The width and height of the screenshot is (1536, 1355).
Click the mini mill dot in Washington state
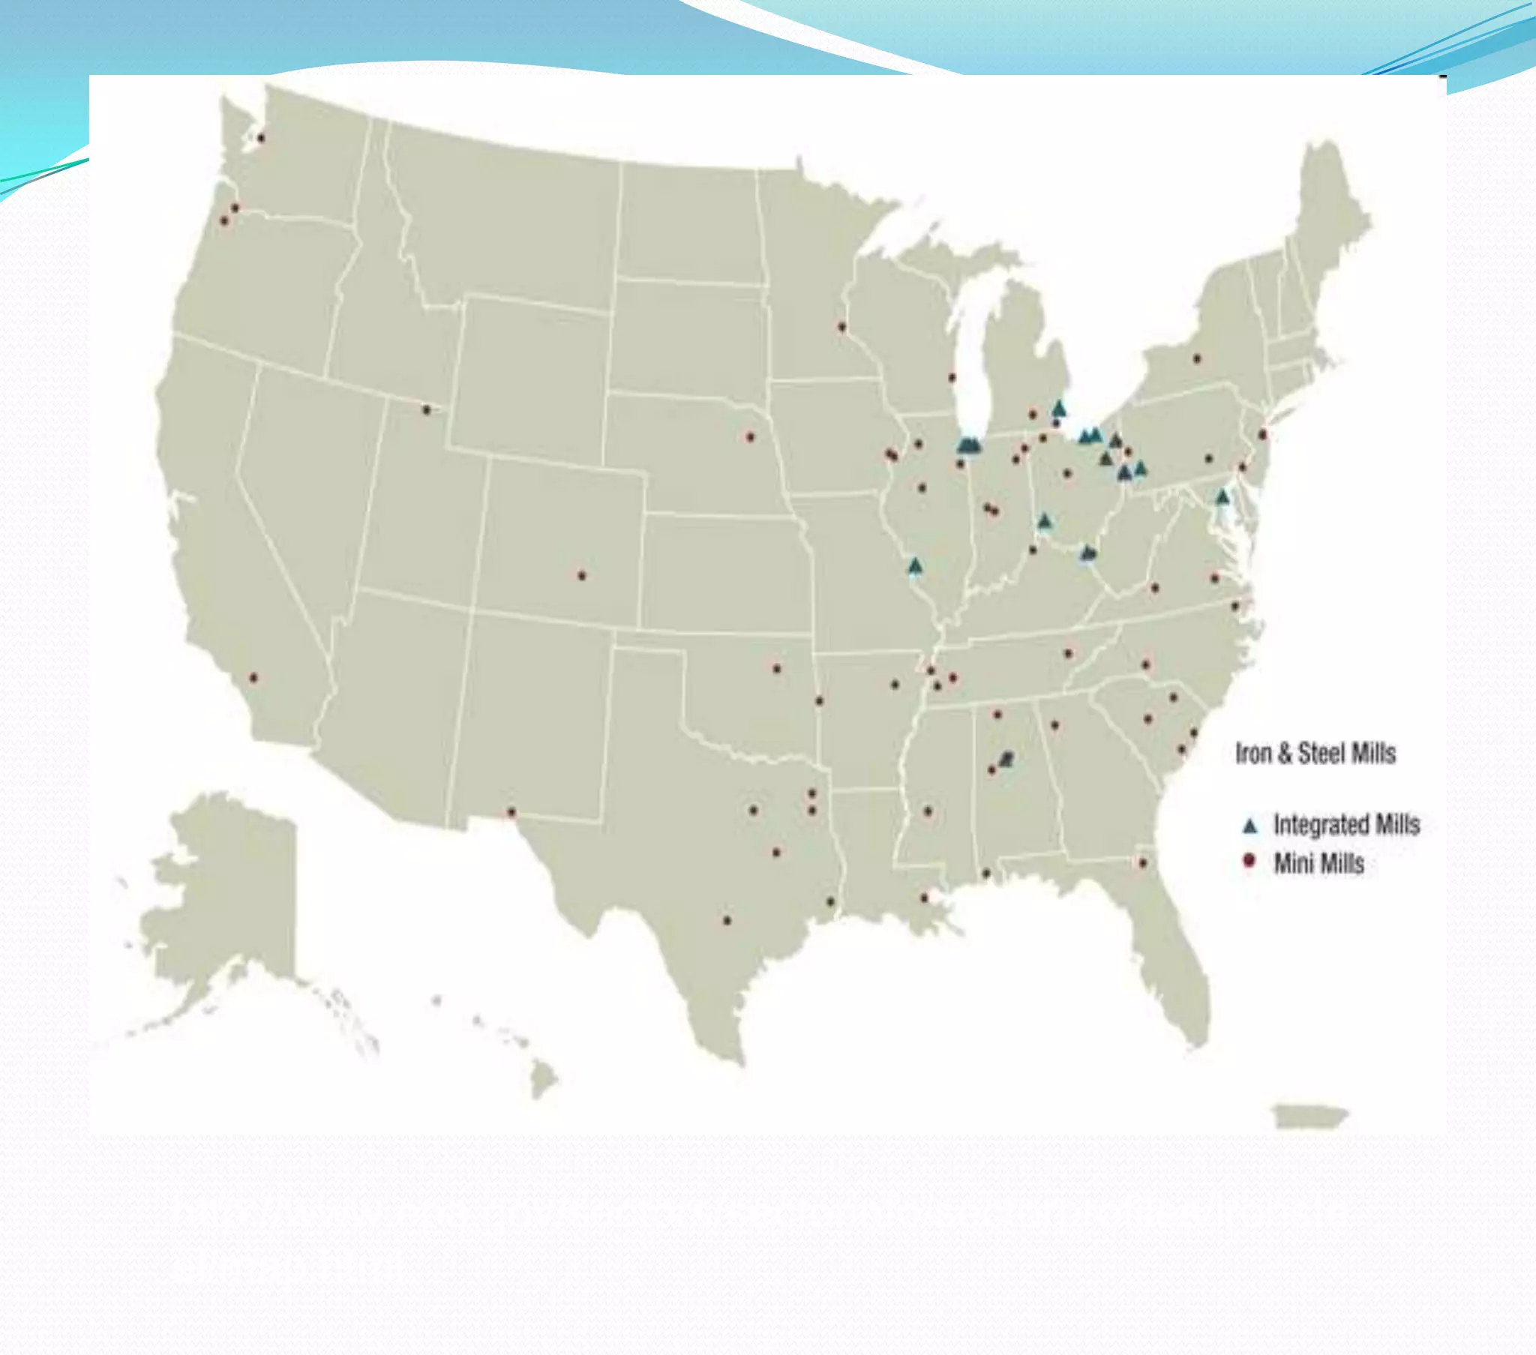click(x=261, y=138)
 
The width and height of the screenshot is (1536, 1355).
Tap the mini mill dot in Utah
click(x=427, y=409)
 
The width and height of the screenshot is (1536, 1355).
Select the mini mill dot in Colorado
click(x=582, y=576)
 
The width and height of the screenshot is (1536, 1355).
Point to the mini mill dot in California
click(x=253, y=678)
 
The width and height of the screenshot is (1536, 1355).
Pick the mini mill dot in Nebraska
click(x=749, y=436)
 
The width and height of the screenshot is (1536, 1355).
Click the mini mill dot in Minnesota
click(x=841, y=327)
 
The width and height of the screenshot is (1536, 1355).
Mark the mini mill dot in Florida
click(x=1143, y=863)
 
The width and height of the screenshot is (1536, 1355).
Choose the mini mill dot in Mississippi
click(x=928, y=811)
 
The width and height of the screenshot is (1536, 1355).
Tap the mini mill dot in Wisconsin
click(x=952, y=377)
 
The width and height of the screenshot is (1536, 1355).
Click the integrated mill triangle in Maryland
click(x=1222, y=496)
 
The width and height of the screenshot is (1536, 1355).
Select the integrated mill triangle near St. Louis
click(x=914, y=565)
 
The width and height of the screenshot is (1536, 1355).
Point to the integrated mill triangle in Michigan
click(x=1060, y=409)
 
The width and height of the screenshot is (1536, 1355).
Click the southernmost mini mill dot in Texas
click(x=727, y=920)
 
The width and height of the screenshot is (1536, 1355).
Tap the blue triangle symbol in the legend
click(x=1250, y=826)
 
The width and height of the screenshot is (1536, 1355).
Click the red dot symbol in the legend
click(x=1249, y=860)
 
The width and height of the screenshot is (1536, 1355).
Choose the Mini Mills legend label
click(x=1318, y=864)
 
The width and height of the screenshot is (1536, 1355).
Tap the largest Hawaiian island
click(x=543, y=1081)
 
